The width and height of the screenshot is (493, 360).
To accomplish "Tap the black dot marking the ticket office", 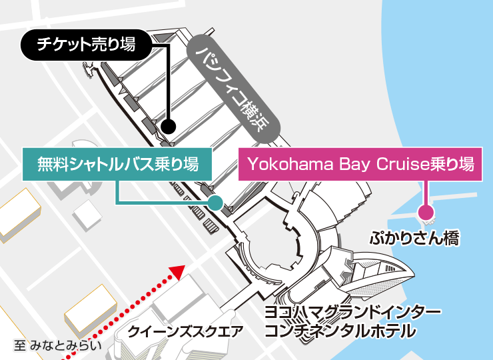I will pyautogui.click(x=169, y=125).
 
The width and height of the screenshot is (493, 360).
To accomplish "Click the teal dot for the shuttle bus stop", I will pyautogui.click(x=215, y=202).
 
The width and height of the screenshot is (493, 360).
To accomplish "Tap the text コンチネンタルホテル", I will pyautogui.click(x=340, y=331).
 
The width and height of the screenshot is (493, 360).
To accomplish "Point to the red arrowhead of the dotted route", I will pyautogui.click(x=177, y=271).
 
